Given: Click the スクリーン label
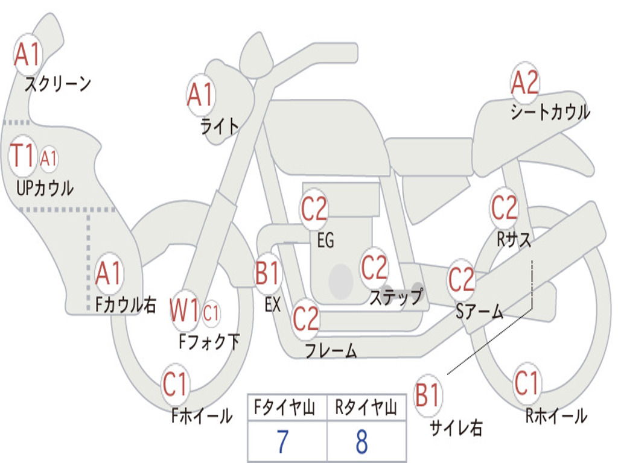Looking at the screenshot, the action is click(58, 83).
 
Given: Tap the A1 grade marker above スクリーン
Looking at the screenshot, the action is click(28, 54).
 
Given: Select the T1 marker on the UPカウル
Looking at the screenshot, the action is click(22, 156).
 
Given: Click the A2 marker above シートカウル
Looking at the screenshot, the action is click(524, 83).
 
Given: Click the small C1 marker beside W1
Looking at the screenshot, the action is click(211, 313).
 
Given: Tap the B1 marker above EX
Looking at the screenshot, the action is click(268, 273).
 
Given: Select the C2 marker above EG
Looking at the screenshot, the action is click(314, 209).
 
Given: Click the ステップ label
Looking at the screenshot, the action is click(396, 297).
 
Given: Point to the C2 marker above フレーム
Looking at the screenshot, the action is click(306, 318).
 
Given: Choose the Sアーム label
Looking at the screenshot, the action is click(480, 312).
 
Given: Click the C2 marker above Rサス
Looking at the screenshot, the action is click(504, 208).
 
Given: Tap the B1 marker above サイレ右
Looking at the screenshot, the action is click(428, 394).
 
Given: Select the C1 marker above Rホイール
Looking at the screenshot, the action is click(527, 383).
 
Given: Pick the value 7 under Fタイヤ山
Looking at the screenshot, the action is click(282, 441).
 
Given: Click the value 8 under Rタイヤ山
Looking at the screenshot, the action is click(362, 441).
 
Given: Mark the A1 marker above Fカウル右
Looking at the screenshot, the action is click(109, 273).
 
